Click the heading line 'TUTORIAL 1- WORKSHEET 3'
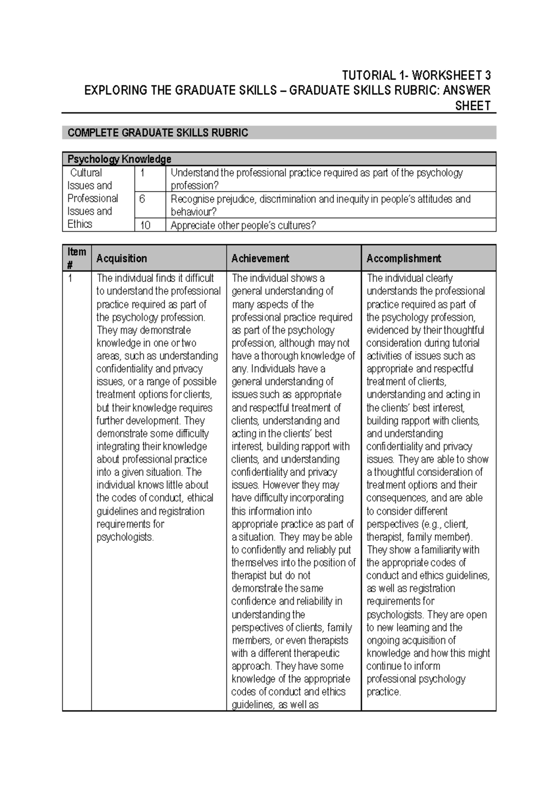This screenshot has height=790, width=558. pos(416,75)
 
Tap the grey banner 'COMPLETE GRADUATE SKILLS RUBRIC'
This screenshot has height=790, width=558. pos(158,133)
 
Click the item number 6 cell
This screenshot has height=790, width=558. pos(142,199)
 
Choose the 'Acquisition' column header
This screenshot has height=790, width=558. pos(121,258)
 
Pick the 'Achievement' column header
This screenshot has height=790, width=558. pos(260,258)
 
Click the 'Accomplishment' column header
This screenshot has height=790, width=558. pos(403,258)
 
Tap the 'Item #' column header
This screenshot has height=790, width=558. pos(77,258)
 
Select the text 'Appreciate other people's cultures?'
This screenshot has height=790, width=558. pos(243,226)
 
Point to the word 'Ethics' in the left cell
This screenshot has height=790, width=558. pos(80,224)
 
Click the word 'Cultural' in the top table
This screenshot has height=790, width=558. pos(86,173)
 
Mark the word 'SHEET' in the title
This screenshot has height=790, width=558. pos(473,106)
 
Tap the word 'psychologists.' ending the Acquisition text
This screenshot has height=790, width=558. pos(125,537)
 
